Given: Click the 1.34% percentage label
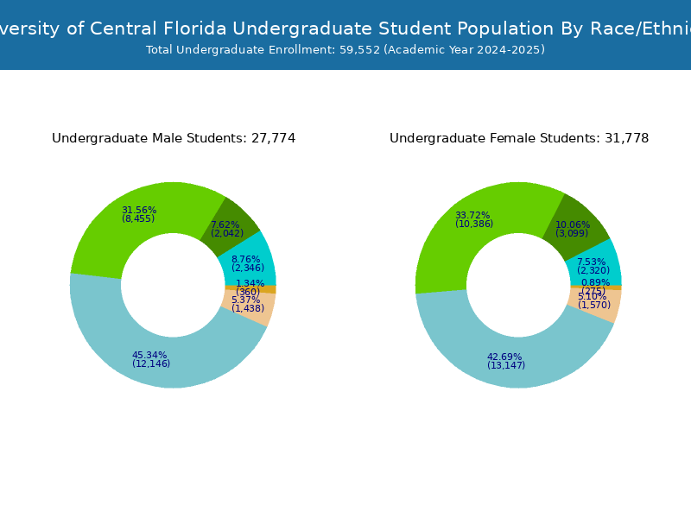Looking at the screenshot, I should coord(250,283).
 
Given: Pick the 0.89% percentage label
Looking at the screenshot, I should coord(595,282).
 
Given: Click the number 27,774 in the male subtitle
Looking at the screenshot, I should coord(272,138).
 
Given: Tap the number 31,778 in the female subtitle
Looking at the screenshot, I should coord(625,138).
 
